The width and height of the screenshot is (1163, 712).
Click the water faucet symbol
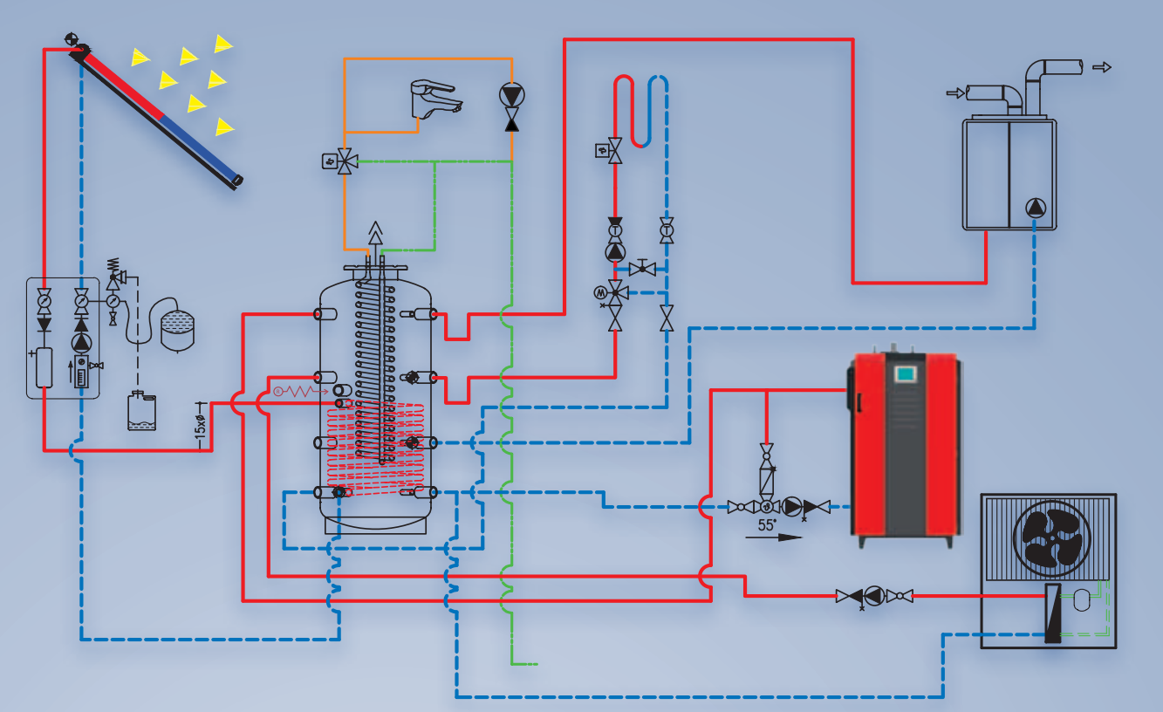(x=433, y=98)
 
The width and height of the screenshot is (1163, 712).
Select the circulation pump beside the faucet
(x=511, y=93)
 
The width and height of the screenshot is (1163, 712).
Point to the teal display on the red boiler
(x=905, y=373)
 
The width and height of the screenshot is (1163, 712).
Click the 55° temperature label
(x=766, y=524)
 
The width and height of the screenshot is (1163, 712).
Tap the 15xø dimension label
(x=200, y=428)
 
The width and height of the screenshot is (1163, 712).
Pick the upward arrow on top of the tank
(x=376, y=234)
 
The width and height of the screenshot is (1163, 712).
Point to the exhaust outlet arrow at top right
(x=1103, y=66)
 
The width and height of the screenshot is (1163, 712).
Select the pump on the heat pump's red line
(x=873, y=596)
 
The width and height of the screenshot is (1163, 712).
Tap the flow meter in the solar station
(x=81, y=373)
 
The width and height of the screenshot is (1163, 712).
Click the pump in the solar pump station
(x=81, y=341)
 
